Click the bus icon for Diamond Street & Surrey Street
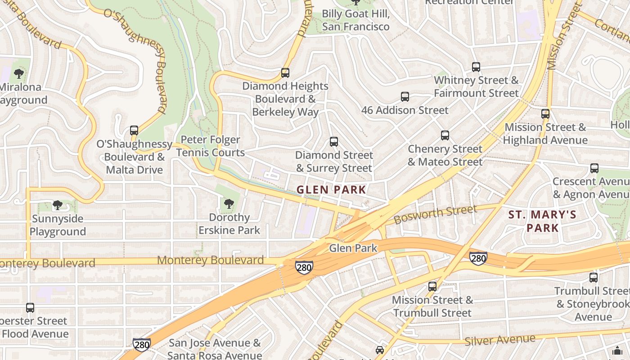click(333, 142)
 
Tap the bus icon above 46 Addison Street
click(405, 97)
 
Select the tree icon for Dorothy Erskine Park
click(229, 204)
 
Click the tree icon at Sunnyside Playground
click(57, 206)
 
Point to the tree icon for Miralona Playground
click(19, 74)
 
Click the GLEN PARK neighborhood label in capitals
click(331, 190)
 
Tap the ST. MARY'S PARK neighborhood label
click(542, 221)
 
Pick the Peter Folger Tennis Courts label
click(210, 146)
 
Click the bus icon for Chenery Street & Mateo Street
click(445, 135)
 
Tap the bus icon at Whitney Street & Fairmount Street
click(476, 67)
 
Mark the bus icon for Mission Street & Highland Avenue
click(545, 114)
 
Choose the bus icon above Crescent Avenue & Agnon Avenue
click(594, 168)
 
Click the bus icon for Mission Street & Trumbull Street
click(432, 286)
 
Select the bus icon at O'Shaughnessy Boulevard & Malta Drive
click(134, 130)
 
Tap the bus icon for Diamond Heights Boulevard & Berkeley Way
click(285, 73)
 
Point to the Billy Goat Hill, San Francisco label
click(355, 20)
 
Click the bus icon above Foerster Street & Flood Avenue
click(30, 308)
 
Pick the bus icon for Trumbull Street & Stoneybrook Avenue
click(594, 278)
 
